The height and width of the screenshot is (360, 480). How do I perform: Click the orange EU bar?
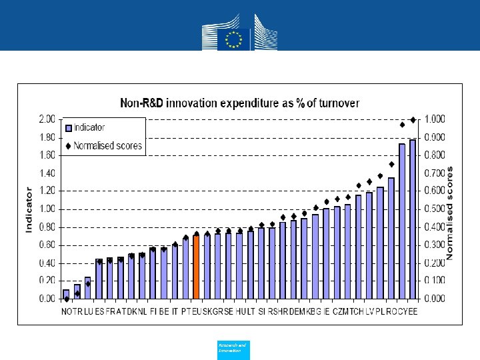[196, 267]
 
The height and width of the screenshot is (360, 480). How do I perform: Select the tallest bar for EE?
[413, 219]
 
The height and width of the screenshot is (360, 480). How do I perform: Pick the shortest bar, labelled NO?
[66, 294]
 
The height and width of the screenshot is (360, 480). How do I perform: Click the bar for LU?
[87, 288]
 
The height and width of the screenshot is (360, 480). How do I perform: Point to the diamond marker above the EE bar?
[413, 120]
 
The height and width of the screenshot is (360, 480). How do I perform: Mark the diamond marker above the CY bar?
[402, 125]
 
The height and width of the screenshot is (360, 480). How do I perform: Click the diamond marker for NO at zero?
[66, 299]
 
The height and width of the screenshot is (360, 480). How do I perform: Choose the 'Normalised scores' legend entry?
[107, 145]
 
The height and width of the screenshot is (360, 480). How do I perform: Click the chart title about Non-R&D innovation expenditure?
[239, 103]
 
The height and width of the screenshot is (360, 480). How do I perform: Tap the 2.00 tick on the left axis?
[47, 119]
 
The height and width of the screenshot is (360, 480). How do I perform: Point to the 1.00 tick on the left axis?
[47, 209]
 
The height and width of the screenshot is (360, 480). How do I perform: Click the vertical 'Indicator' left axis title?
[29, 209]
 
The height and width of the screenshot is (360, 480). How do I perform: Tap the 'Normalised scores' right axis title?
[451, 212]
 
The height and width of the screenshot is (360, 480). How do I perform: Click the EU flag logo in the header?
[233, 37]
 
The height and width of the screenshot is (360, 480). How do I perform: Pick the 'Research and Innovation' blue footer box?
[233, 349]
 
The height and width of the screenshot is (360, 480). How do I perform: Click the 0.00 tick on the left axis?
[47, 299]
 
